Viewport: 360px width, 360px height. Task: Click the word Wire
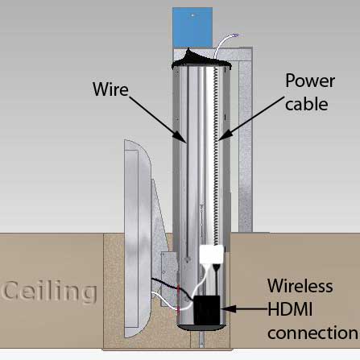pos(110,89)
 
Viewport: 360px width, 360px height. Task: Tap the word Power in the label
pos(310,81)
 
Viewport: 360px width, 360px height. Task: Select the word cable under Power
pos(307,104)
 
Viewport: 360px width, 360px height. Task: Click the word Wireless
pos(300,286)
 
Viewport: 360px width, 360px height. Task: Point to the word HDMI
pos(290,309)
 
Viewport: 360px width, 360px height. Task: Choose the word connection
pos(312,333)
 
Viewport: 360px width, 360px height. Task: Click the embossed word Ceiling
pos(49,292)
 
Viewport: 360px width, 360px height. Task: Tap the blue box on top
pos(192,27)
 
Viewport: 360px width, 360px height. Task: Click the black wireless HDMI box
pos(207,310)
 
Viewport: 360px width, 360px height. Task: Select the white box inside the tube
pos(212,254)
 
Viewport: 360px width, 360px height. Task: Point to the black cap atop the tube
pos(201,59)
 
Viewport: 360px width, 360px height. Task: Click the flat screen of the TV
pos(131,238)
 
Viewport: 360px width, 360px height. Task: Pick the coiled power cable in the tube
pos(216,155)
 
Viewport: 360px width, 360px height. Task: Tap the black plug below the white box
pos(217,268)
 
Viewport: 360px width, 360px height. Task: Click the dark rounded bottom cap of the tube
pos(201,327)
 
